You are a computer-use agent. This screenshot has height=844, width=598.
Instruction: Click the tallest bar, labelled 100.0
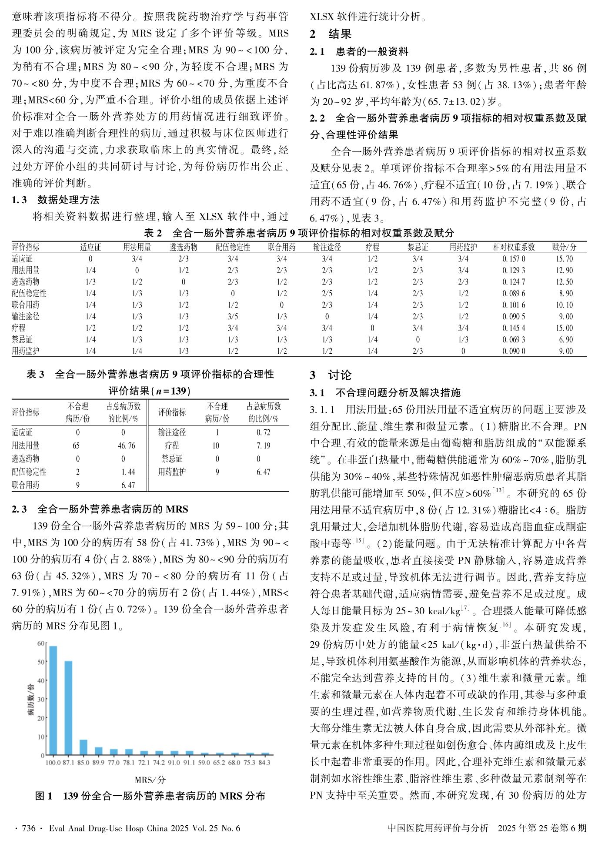coord(53,700)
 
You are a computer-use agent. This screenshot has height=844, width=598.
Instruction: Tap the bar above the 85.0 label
coord(84,747)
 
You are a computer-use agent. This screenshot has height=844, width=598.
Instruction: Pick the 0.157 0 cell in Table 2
coord(514,259)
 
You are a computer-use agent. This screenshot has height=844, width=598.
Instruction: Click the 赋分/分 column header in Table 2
coord(564,247)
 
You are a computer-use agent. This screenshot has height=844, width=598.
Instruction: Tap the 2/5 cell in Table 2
coord(327,293)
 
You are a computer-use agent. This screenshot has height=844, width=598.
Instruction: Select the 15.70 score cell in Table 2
coord(564,259)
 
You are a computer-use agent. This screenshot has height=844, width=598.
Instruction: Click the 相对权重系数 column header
coord(514,247)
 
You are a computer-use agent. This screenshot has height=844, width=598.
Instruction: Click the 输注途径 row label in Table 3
coord(172,432)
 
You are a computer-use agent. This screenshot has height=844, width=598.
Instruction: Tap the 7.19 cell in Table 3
coord(263,445)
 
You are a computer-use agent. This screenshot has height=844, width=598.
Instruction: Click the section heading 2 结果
coord(331,34)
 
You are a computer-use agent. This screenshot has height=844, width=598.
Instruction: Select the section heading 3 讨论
coord(331,375)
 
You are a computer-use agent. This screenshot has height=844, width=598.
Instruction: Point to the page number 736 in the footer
coord(28,828)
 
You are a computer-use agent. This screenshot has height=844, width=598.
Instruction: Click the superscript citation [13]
coord(498,490)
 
